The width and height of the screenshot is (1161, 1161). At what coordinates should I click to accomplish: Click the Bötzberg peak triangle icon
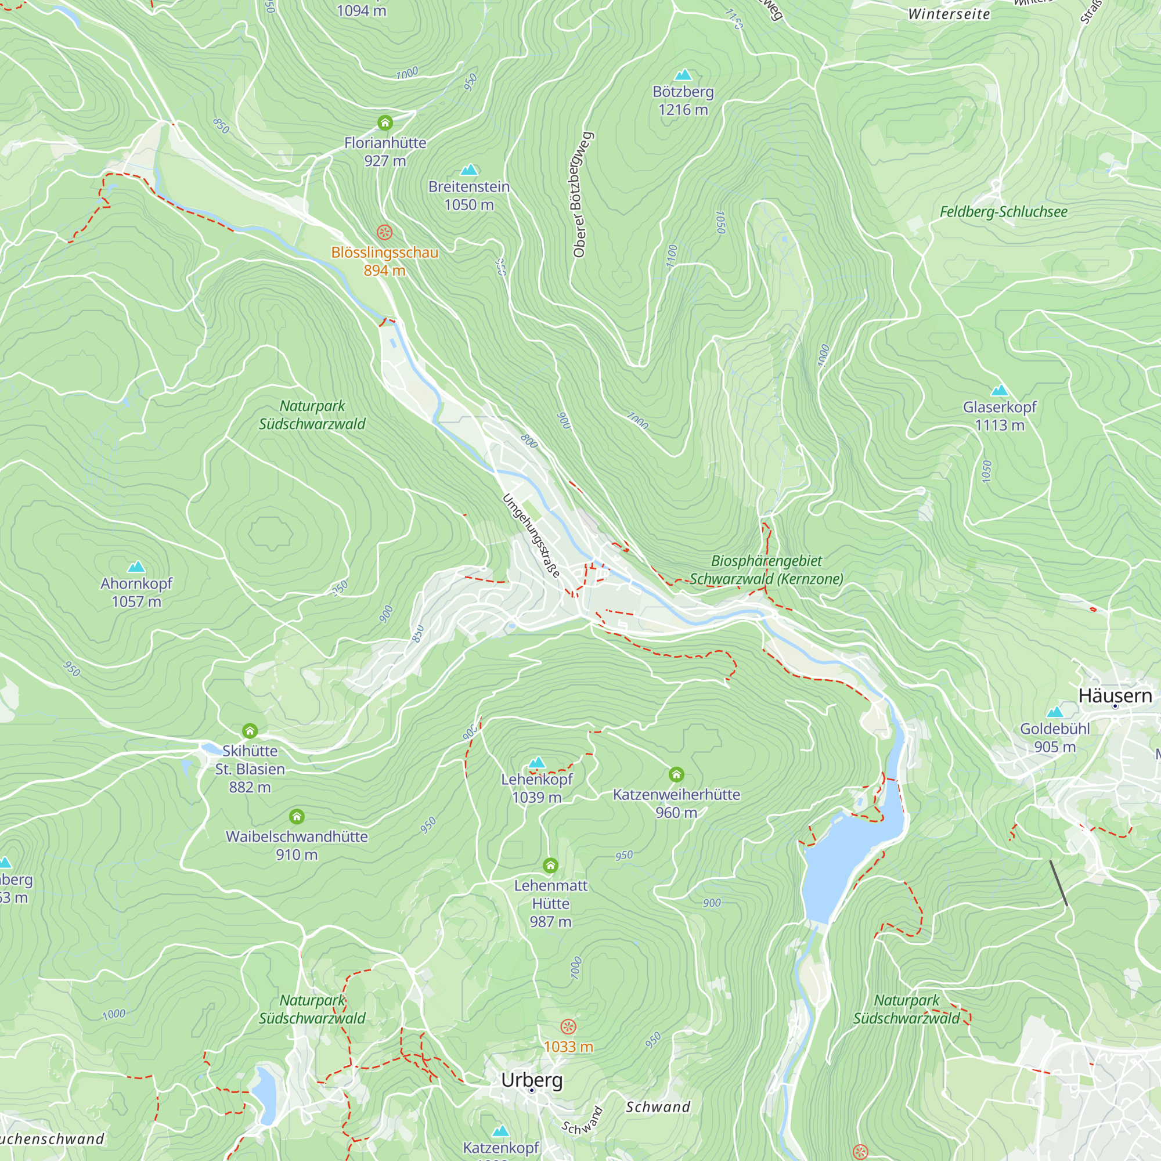point(683,75)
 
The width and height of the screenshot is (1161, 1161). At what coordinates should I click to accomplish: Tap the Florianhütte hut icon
point(385,123)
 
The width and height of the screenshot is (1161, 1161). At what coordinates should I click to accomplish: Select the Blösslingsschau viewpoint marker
point(385,232)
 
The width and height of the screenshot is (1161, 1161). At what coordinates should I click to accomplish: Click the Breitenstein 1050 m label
point(468,196)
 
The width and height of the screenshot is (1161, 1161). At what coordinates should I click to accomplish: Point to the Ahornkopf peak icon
point(136,567)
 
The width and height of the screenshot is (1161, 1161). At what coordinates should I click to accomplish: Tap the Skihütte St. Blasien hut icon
point(250,731)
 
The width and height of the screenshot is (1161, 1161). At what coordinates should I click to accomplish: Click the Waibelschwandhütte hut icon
point(297,816)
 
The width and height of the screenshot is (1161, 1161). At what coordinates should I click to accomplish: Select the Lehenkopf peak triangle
point(536,763)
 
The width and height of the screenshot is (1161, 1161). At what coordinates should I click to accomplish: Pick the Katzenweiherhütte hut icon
point(676,774)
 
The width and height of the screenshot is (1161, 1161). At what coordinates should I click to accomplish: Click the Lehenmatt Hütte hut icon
point(550,865)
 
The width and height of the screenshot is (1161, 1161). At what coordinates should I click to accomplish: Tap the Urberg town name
point(532,1079)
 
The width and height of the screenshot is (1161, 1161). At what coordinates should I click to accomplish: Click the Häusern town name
point(1115,696)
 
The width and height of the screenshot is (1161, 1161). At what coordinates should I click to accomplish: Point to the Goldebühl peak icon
point(1055,712)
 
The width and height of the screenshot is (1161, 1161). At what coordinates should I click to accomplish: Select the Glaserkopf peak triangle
point(1000,391)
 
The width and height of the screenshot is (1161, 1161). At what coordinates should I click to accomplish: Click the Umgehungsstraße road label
point(531,535)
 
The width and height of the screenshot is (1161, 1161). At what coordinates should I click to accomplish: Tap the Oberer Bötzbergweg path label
point(581,194)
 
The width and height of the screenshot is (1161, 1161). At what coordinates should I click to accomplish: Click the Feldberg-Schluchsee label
point(1004,211)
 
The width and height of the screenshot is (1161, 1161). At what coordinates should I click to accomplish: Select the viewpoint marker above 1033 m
point(568,1026)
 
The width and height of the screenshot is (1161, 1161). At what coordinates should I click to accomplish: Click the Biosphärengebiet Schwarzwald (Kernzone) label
point(766,569)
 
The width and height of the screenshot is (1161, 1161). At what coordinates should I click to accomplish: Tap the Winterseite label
point(949,14)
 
